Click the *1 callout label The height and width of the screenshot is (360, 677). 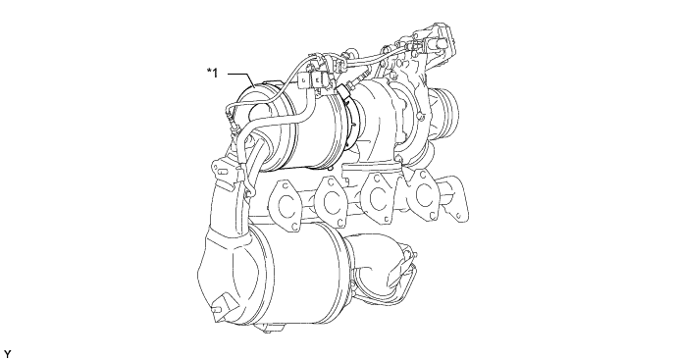point(213,73)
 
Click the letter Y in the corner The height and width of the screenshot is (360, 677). point(7,355)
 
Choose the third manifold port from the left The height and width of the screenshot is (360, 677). point(378,197)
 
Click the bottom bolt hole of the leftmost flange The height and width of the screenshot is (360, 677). point(293,226)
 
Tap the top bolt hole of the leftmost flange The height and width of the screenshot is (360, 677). point(285,186)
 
